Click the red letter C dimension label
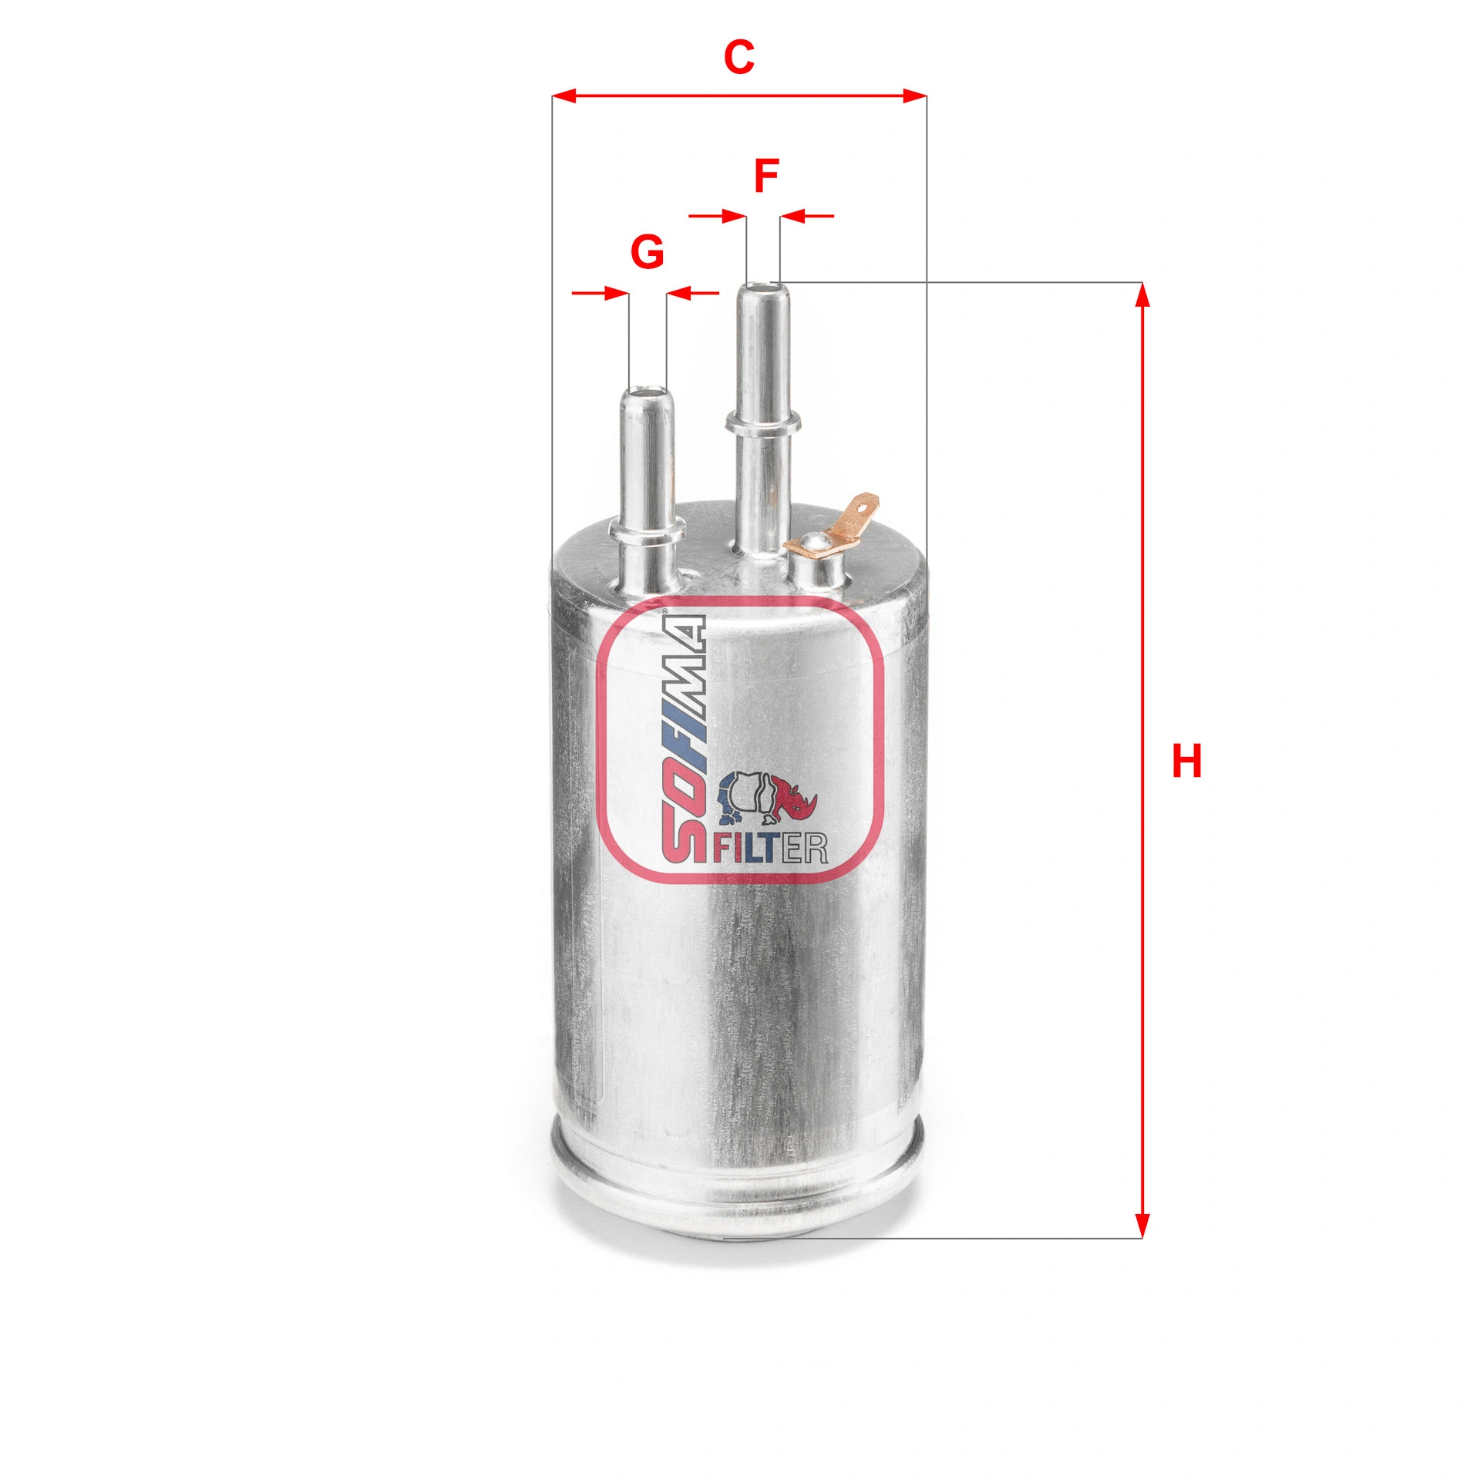[x=738, y=58]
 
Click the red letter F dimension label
[x=765, y=177]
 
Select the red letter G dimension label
[x=647, y=252]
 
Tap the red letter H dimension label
[x=1186, y=762]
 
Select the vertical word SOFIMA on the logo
[x=683, y=738]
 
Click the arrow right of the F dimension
[x=806, y=216]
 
